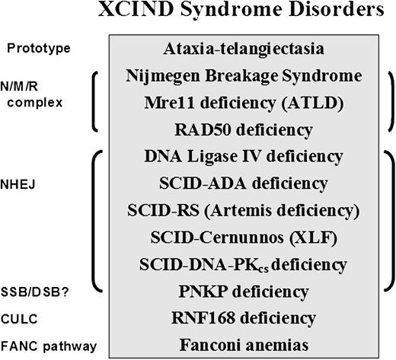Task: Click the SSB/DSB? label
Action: (x=33, y=292)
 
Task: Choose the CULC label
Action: (x=21, y=319)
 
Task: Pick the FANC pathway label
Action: (x=43, y=346)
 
